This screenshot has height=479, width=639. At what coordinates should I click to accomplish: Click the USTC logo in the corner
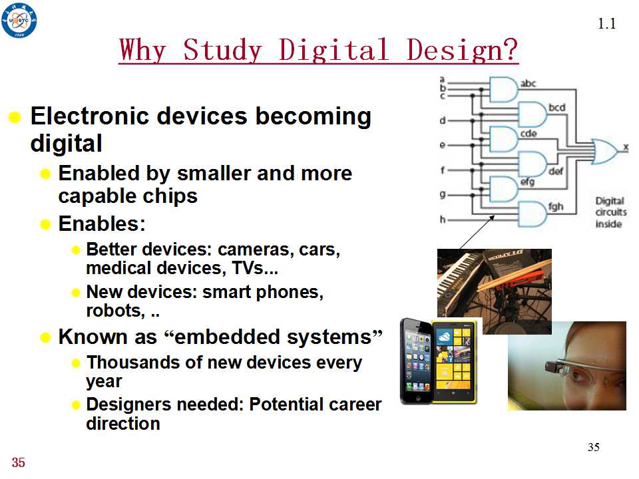coord(19,21)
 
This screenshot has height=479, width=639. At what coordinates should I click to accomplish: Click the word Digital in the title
coord(333,50)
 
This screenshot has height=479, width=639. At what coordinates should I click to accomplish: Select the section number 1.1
coord(606,24)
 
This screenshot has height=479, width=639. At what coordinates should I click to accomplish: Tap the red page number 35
coord(19,462)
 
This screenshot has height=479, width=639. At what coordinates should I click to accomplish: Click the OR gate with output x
coord(605,151)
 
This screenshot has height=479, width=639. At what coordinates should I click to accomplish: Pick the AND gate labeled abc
coord(503,89)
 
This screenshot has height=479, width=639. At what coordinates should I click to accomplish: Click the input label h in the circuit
coord(443,220)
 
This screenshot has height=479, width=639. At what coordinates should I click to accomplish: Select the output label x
coord(626,148)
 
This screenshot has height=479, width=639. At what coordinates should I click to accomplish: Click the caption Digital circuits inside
coord(610,212)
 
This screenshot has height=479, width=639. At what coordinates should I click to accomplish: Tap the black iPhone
coord(417,361)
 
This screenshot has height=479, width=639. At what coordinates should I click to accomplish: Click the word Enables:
coord(102,224)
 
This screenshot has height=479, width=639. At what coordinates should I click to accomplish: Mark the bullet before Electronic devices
coord(15,117)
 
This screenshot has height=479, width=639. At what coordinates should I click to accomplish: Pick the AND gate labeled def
coord(532,164)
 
